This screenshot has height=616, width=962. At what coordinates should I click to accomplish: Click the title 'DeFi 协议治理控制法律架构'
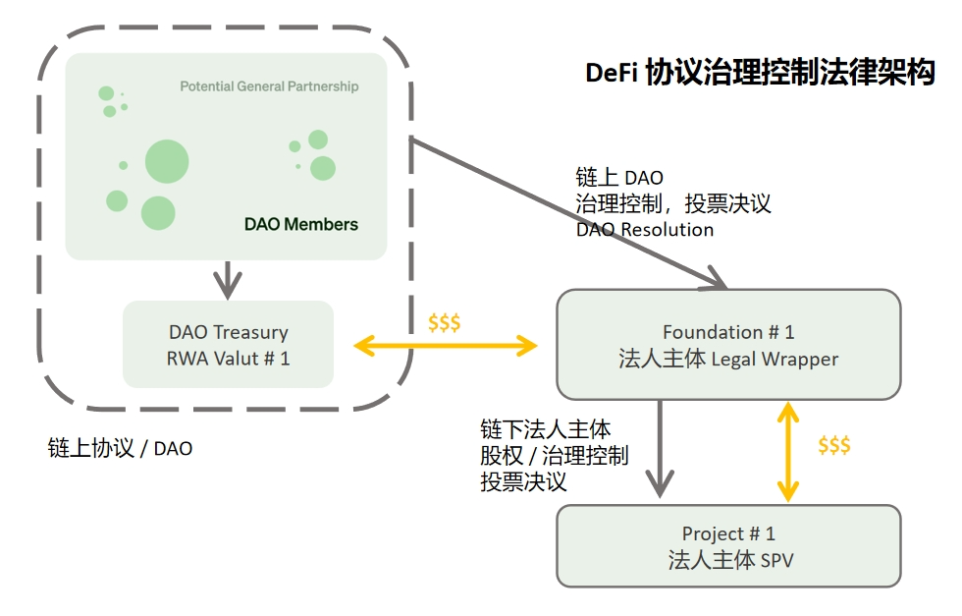pos(760,74)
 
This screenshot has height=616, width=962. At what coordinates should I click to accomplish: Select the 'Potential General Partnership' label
pos(269,86)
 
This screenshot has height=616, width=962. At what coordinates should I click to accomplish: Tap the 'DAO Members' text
pos(301,224)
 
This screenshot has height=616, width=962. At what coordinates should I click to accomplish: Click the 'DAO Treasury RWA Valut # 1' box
pos(228,345)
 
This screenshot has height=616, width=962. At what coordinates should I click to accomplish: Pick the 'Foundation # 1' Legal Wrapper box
pos(728,345)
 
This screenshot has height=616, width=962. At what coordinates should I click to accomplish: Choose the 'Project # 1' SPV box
pos(728,546)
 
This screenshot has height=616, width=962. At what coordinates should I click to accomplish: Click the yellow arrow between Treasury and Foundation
pos(446,345)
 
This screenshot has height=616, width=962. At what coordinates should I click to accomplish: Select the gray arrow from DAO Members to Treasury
pos(228,279)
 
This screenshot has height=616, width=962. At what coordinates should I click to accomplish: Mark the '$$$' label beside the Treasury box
pos(445,322)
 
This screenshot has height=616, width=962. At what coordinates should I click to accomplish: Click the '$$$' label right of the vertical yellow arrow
pos(833,445)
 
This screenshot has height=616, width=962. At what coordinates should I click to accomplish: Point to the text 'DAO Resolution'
pos(644,229)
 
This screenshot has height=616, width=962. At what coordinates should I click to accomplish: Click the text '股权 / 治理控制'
pos(554,456)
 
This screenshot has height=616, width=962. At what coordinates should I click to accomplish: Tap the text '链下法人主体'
pos(545,429)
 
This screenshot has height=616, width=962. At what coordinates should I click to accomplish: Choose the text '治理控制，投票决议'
pos(673,203)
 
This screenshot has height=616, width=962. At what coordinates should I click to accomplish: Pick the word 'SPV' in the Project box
pos(775,561)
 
